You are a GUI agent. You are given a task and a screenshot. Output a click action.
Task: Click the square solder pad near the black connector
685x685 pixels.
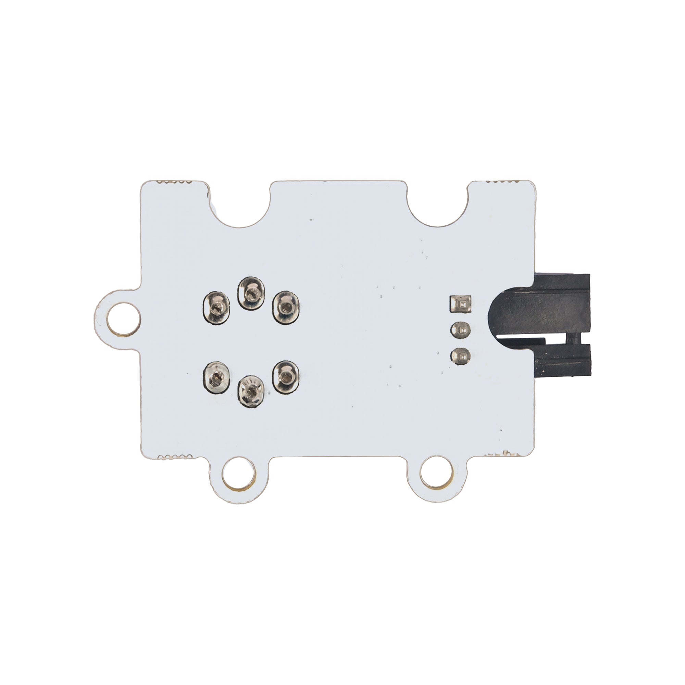(460, 304)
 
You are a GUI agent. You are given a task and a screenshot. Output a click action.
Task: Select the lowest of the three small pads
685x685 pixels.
(460, 356)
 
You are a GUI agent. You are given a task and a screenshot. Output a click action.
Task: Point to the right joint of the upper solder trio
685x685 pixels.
(286, 308)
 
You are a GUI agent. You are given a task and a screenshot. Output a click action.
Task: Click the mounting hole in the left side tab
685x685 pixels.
(123, 318)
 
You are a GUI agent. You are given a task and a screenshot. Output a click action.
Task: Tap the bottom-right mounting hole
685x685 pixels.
(436, 474)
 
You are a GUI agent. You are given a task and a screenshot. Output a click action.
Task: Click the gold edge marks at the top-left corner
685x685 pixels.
(174, 181)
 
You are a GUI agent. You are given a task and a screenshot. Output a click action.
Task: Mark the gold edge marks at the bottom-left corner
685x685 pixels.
(174, 457)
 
